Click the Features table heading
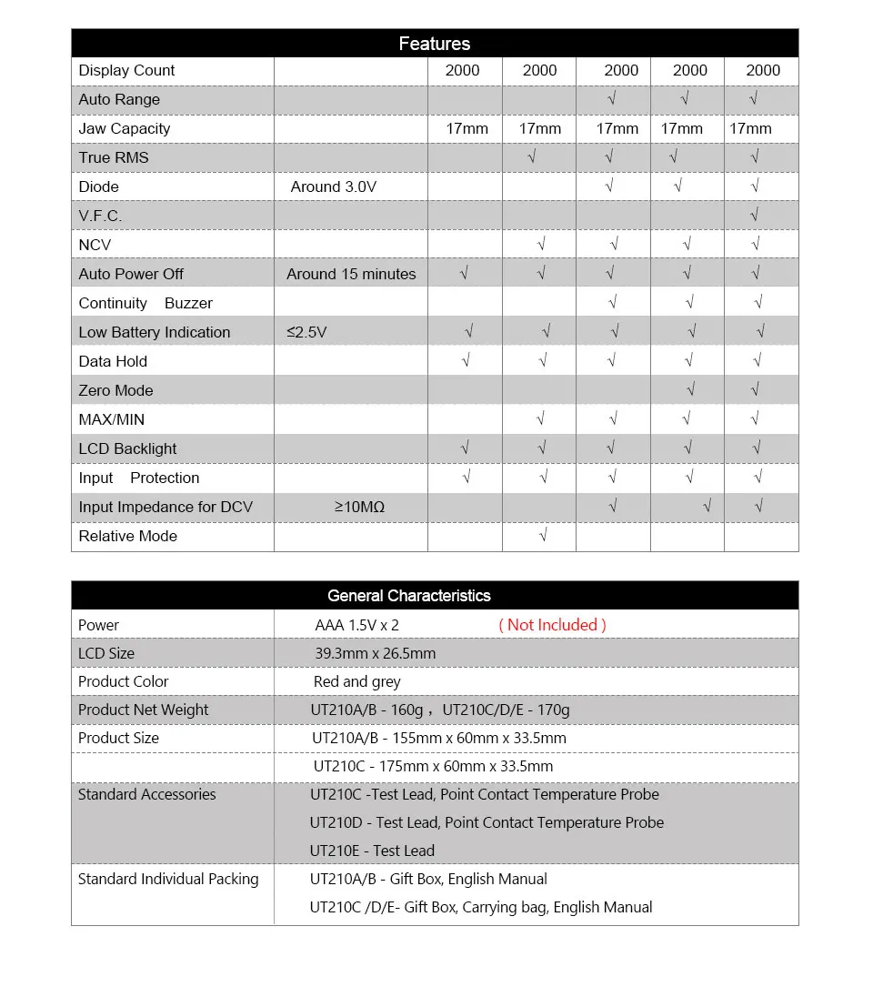pyautogui.click(x=435, y=44)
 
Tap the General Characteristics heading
pyautogui.click(x=408, y=596)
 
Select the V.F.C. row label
pyautogui.click(x=100, y=216)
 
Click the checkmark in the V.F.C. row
pyautogui.click(x=755, y=216)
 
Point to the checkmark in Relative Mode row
pyautogui.click(x=543, y=536)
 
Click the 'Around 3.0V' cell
pyautogui.click(x=333, y=186)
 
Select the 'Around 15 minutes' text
pyautogui.click(x=351, y=274)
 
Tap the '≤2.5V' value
pyautogui.click(x=306, y=332)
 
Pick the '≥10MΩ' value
pyautogui.click(x=359, y=507)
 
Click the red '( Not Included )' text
pyautogui.click(x=552, y=625)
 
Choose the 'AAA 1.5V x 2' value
pyautogui.click(x=357, y=625)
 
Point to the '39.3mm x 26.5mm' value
pyautogui.click(x=375, y=653)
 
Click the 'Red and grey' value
pyautogui.click(x=356, y=681)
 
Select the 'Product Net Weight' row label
pyautogui.click(x=143, y=710)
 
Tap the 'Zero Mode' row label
pyautogui.click(x=115, y=390)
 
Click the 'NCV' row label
pyautogui.click(x=95, y=245)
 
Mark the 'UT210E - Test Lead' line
pyautogui.click(x=372, y=851)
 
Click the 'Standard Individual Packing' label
pyautogui.click(x=168, y=879)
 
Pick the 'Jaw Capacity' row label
pyautogui.click(x=124, y=128)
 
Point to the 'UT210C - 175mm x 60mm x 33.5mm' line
pyautogui.click(x=433, y=766)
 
